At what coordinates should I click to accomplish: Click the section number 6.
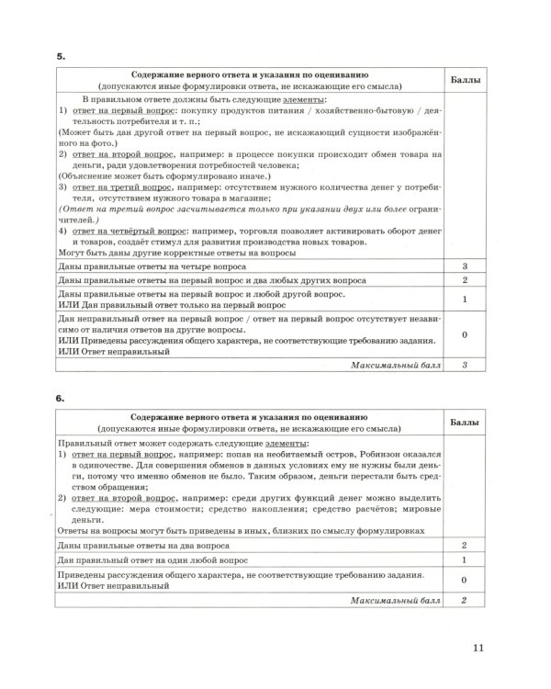61,401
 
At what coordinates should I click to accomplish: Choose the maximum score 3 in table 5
467,365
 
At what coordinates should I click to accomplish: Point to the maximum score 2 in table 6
467,600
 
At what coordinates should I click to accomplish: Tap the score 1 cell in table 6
467,559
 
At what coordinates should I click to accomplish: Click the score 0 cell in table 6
467,581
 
